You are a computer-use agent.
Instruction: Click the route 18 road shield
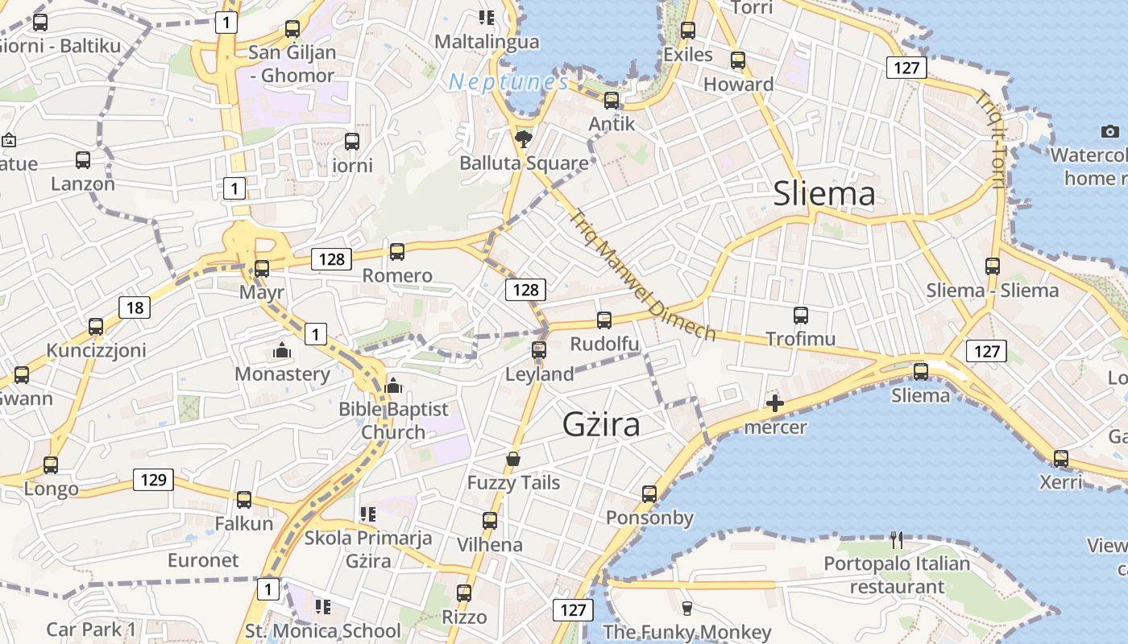pyautogui.click(x=135, y=307)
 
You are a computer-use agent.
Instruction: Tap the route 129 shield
pyautogui.click(x=153, y=481)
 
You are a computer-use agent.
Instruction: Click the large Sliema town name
pyautogui.click(x=823, y=194)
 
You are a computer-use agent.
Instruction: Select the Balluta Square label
pyautogui.click(x=524, y=163)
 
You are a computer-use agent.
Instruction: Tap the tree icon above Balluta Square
pyautogui.click(x=524, y=138)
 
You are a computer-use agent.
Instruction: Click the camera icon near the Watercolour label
pyautogui.click(x=1109, y=131)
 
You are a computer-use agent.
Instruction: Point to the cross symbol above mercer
pyautogui.click(x=775, y=403)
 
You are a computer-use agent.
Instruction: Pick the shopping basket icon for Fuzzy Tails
pyautogui.click(x=513, y=459)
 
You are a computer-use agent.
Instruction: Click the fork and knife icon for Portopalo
pyautogui.click(x=897, y=539)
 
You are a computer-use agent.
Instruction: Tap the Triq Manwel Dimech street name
pyautogui.click(x=641, y=275)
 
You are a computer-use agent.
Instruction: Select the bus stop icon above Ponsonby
pyautogui.click(x=649, y=493)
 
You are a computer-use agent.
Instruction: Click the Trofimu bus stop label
pyautogui.click(x=800, y=339)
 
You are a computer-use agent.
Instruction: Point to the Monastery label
pyautogui.click(x=282, y=374)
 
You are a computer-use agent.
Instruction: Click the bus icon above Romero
pyautogui.click(x=397, y=252)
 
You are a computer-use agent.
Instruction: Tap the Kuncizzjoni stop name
pyautogui.click(x=96, y=350)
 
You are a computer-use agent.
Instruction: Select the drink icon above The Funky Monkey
pyautogui.click(x=686, y=608)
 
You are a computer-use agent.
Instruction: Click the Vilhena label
pyautogui.click(x=490, y=545)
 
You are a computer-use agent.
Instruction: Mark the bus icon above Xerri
pyautogui.click(x=1061, y=459)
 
